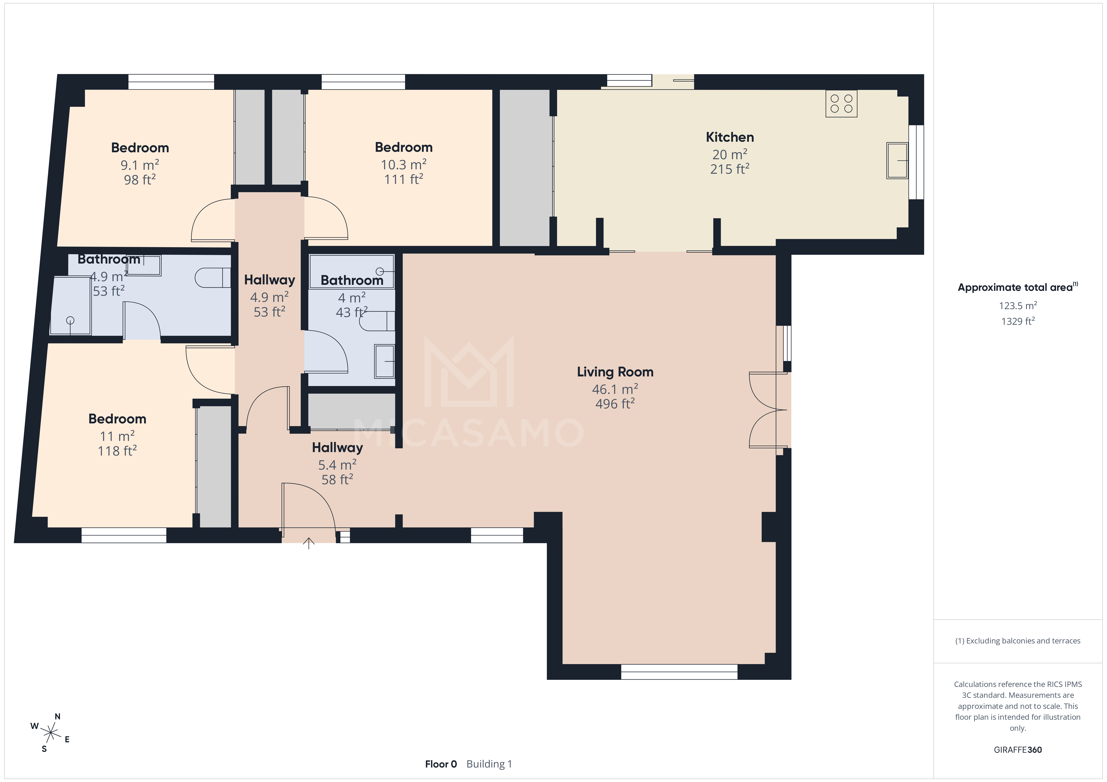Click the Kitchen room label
click(729, 137)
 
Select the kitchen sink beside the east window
click(897, 160)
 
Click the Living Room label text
click(615, 372)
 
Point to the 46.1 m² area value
click(615, 389)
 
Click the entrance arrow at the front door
click(309, 543)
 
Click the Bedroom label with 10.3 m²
click(404, 147)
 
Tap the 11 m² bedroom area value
click(117, 436)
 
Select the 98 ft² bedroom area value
click(140, 180)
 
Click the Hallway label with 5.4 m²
click(337, 448)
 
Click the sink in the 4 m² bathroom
click(384, 361)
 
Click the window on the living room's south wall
click(679, 672)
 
